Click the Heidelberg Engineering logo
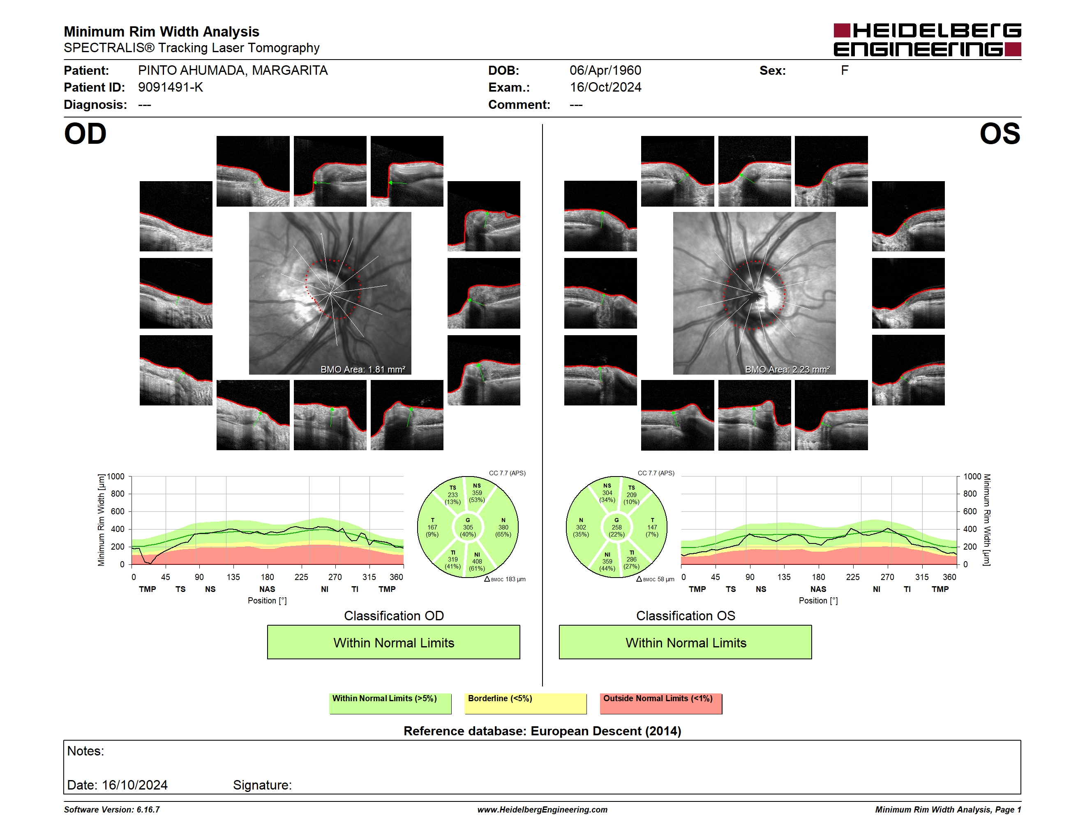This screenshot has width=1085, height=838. point(927,40)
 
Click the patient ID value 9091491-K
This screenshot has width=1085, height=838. point(171,87)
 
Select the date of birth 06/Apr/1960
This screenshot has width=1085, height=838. point(605,71)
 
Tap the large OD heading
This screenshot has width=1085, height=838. point(85,134)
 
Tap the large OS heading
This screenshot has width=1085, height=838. point(1000,134)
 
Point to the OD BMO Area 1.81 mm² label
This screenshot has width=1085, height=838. point(362,369)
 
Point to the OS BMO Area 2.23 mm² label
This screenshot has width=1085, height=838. point(787,369)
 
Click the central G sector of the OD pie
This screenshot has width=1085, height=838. point(467,527)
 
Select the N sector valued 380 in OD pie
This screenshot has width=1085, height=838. point(503,527)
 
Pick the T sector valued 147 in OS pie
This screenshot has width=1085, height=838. point(652,527)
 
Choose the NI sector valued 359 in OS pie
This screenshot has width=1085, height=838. point(607,561)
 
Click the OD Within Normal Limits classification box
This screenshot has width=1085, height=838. point(393,642)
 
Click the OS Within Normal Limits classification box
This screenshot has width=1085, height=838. point(686,642)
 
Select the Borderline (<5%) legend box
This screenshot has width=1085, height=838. point(526,703)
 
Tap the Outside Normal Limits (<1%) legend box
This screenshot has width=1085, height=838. point(661,703)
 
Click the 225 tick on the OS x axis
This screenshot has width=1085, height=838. point(852,577)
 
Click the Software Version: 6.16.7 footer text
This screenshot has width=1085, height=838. point(112,810)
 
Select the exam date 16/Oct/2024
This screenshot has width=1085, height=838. point(605,87)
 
